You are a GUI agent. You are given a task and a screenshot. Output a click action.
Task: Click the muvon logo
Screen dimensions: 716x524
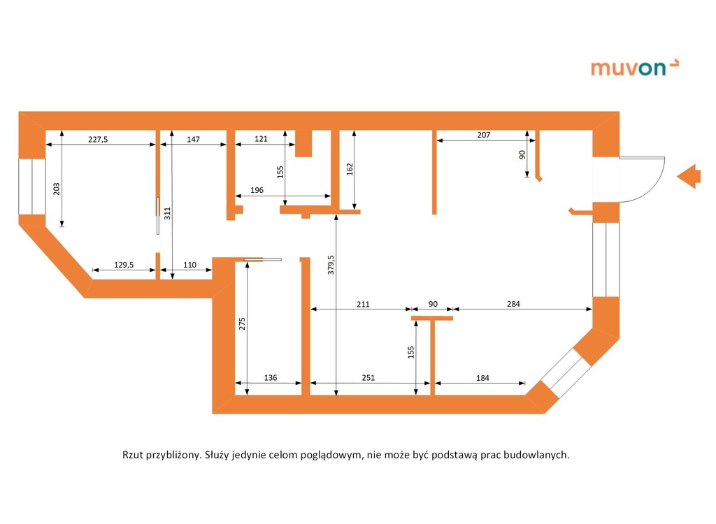(x=635, y=68)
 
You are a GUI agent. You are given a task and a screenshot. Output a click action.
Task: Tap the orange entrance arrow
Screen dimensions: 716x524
(x=689, y=176)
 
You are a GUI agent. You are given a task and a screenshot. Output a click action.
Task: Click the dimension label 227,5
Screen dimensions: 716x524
(x=98, y=139)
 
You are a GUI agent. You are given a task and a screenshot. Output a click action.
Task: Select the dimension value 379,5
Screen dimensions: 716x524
(x=331, y=265)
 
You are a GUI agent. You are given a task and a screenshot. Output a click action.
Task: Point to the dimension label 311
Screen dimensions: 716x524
(x=167, y=213)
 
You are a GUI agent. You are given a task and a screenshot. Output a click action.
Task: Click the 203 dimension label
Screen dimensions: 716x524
(x=57, y=189)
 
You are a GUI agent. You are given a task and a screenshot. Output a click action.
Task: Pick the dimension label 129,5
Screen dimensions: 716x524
(x=124, y=265)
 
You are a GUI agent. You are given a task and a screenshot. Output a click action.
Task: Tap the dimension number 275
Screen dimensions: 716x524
(x=242, y=323)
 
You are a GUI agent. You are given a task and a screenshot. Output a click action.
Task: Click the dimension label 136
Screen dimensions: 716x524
(x=271, y=377)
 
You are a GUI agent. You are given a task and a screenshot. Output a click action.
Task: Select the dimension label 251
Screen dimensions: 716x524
(x=368, y=377)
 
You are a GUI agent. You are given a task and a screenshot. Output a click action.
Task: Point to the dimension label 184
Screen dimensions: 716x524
(x=482, y=378)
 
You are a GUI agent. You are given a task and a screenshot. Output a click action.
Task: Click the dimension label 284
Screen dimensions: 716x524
(x=513, y=303)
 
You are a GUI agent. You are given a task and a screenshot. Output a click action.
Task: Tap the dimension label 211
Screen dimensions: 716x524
(x=363, y=304)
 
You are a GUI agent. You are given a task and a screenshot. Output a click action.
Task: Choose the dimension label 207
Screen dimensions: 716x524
(x=484, y=135)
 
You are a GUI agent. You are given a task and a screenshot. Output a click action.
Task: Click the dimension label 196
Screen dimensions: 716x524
(x=257, y=190)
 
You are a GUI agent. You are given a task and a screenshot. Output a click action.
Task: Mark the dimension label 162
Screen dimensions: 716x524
(x=350, y=169)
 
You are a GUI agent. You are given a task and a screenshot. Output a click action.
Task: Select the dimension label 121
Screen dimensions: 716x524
(x=261, y=139)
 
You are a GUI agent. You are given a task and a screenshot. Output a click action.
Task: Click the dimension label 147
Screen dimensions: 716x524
(x=193, y=139)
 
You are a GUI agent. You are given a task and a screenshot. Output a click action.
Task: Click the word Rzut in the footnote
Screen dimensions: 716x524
(x=132, y=455)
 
